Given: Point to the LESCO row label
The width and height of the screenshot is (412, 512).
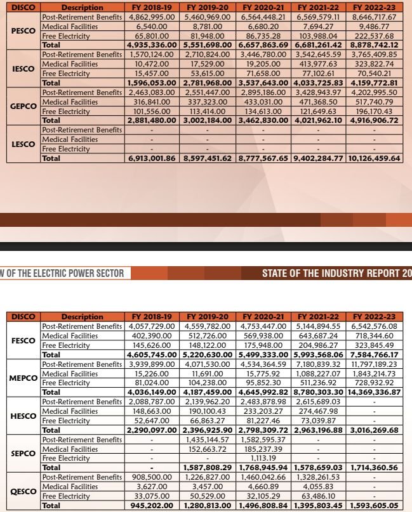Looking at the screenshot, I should pos(22,143).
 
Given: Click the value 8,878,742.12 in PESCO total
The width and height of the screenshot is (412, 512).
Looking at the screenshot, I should pos(377,45).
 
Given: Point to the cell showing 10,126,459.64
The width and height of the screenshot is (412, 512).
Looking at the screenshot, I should pos(375,158).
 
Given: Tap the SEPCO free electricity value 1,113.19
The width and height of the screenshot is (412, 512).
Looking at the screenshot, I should pos(262,458).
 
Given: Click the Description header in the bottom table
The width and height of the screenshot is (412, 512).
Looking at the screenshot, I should pos(82,317).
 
